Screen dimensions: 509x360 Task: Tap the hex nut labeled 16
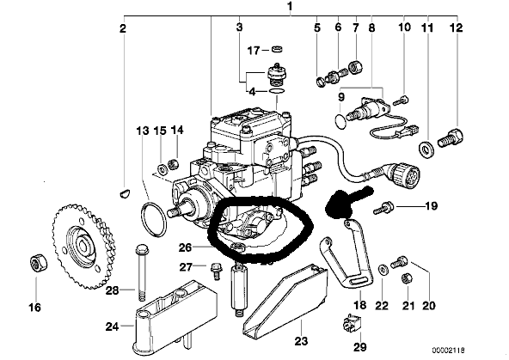point(39,263)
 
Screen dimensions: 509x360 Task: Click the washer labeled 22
point(383,269)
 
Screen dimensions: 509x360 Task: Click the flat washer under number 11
point(425,149)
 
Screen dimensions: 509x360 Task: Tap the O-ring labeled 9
point(340,121)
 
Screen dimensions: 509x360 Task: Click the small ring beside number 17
point(277,49)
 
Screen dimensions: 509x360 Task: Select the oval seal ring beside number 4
point(278,91)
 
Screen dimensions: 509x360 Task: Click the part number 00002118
point(448,351)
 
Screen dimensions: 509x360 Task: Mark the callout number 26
point(186,247)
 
